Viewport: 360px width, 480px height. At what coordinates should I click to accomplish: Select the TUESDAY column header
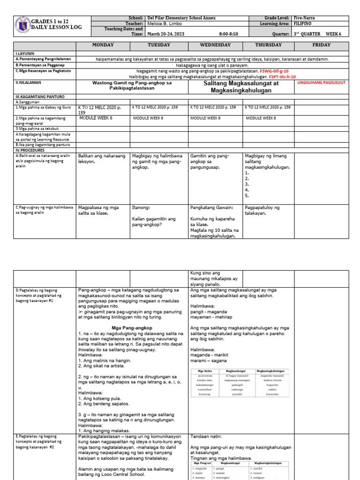(x=158, y=45)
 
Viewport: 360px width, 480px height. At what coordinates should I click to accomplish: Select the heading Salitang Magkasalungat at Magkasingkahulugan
(x=241, y=86)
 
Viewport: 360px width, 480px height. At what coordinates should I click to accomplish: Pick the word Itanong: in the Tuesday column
(x=141, y=207)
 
